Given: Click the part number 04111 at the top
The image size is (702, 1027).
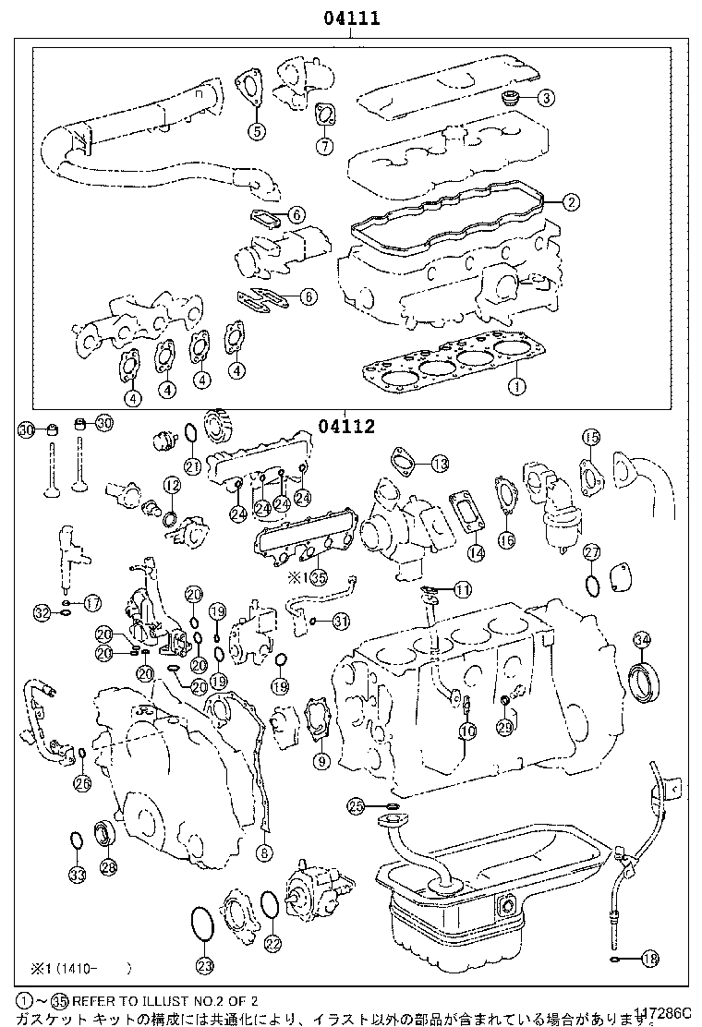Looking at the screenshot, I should pyautogui.click(x=351, y=18).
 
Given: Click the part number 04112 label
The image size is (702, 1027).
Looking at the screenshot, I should pyautogui.click(x=347, y=426).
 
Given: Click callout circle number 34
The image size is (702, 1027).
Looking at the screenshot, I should pyautogui.click(x=641, y=638).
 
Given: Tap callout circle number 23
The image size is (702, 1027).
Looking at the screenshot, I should pyautogui.click(x=204, y=966).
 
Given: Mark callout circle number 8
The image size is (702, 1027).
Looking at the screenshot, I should pyautogui.click(x=265, y=852).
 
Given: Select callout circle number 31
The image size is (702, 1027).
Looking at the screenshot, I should pyautogui.click(x=341, y=621).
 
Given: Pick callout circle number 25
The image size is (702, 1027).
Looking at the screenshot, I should pyautogui.click(x=357, y=806).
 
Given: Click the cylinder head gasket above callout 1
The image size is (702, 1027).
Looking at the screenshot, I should pyautogui.click(x=439, y=363).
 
